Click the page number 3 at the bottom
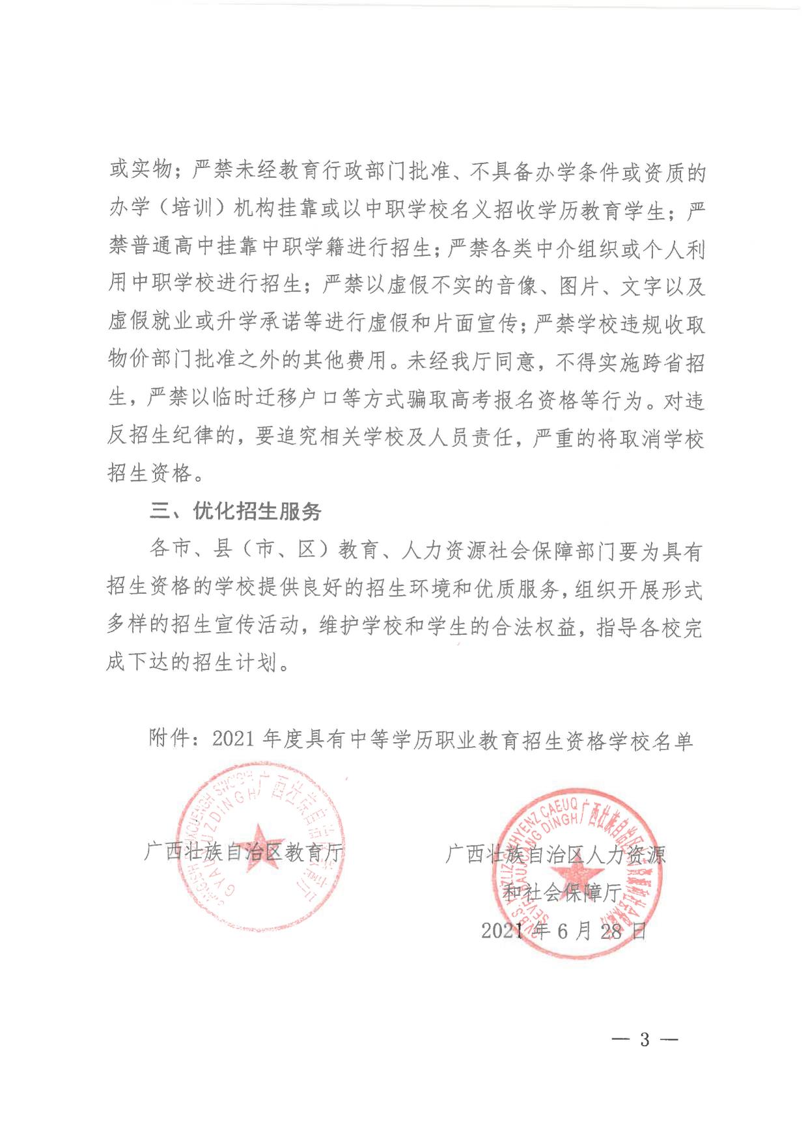645,1040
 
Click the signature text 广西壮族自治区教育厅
244,852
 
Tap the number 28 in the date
611,931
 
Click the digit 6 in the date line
563,931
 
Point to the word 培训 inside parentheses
193,210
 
